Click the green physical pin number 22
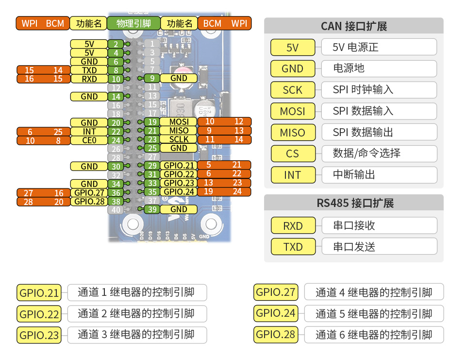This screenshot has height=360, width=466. pyautogui.click(x=116, y=132)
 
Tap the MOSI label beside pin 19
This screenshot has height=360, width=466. pyautogui.click(x=179, y=121)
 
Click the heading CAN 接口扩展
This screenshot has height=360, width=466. pyautogui.click(x=353, y=26)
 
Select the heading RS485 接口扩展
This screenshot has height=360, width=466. pyautogui.click(x=353, y=203)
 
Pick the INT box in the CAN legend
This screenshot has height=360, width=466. pyautogui.click(x=292, y=175)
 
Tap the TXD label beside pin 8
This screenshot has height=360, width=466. pyautogui.click(x=89, y=70)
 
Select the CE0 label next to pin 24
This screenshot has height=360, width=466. pyautogui.click(x=89, y=140)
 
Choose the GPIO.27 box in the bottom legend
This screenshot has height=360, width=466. pyautogui.click(x=276, y=292)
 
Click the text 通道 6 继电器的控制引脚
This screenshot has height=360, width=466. pyautogui.click(x=374, y=335)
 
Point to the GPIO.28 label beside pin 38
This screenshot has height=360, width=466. pyautogui.click(x=89, y=201)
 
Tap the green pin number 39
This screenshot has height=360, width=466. pyautogui.click(x=152, y=209)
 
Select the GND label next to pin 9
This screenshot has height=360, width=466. pyautogui.click(x=179, y=78)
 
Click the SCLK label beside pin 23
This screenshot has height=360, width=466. pyautogui.click(x=179, y=139)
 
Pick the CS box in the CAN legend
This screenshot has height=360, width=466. pyautogui.click(x=292, y=154)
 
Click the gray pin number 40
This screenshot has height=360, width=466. pyautogui.click(x=116, y=210)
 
